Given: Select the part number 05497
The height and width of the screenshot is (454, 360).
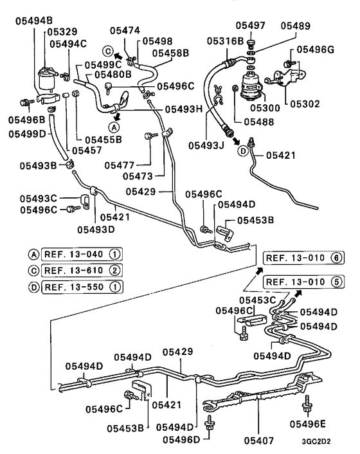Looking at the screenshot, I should tap(249, 25).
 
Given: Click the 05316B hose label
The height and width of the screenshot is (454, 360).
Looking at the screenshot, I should tap(225, 41).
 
